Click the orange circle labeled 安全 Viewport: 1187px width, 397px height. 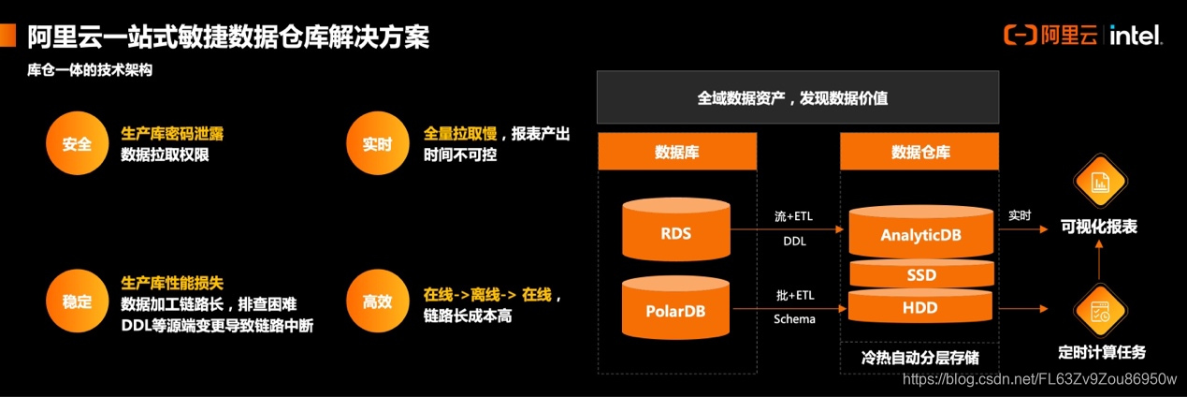click(77, 144)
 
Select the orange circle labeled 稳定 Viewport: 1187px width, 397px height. click(77, 301)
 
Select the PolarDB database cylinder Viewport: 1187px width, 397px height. click(675, 306)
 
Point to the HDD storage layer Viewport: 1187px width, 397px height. click(920, 306)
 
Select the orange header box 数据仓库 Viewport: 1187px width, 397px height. click(920, 152)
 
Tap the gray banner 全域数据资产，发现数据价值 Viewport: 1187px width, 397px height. click(798, 97)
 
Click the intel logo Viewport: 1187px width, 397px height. click(1136, 37)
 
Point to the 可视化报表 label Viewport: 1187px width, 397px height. click(1099, 226)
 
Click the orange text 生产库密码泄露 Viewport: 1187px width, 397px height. click(173, 133)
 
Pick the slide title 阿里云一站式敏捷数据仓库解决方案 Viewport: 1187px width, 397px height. click(228, 37)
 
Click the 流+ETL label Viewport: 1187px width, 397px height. click(794, 216)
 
